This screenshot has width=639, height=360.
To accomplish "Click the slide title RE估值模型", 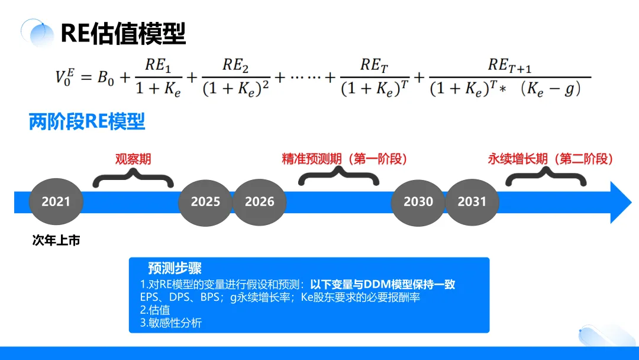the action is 123,33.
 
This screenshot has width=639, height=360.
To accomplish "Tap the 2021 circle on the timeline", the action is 56,202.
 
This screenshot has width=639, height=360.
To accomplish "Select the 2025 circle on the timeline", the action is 205,202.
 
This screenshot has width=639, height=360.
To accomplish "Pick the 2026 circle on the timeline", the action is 259,202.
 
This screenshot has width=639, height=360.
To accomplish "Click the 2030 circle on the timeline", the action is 418,202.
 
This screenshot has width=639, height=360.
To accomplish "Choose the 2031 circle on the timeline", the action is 472,202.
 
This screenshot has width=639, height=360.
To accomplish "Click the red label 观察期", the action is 133,159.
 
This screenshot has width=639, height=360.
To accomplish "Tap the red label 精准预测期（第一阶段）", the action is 345,159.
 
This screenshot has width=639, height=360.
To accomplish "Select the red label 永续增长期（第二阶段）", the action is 550,159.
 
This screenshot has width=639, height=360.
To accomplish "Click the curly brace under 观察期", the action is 133,177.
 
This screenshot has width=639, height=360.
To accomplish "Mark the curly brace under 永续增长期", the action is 544,176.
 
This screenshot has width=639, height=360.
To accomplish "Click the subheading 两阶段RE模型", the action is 87,122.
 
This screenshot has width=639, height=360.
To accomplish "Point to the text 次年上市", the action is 56,241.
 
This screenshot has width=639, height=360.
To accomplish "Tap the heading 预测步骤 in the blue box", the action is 175,268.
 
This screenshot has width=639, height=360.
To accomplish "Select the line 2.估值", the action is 155,310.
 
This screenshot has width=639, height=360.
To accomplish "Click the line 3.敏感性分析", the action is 171,323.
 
